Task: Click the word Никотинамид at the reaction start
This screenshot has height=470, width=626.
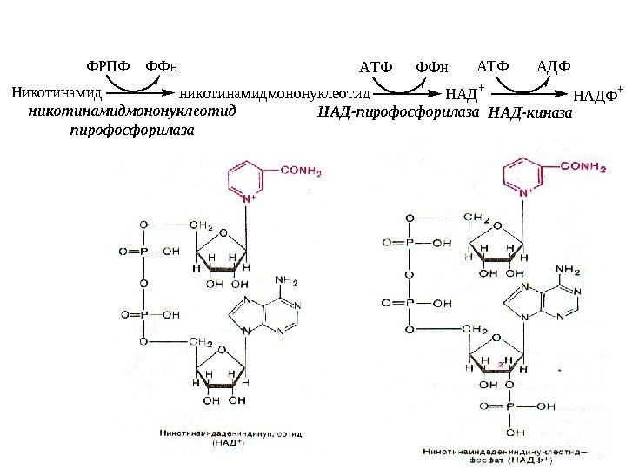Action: pos(57,91)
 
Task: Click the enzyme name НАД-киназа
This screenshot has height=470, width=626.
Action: pos(531,113)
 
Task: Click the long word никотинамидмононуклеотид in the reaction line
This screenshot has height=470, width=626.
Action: pos(275,91)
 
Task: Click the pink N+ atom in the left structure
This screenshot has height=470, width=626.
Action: pos(248,199)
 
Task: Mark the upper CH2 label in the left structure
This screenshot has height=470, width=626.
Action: pos(203,225)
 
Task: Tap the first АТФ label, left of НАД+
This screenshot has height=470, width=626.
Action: pos(376,66)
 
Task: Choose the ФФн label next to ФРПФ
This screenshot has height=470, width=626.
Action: pos(162,66)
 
